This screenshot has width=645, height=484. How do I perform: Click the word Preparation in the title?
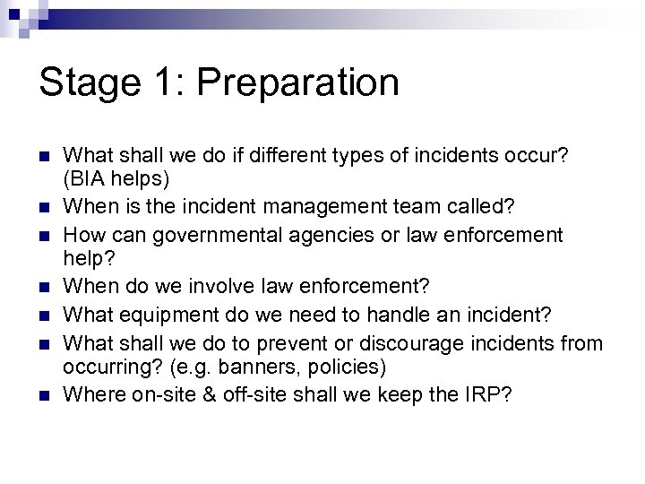coord(298,83)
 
